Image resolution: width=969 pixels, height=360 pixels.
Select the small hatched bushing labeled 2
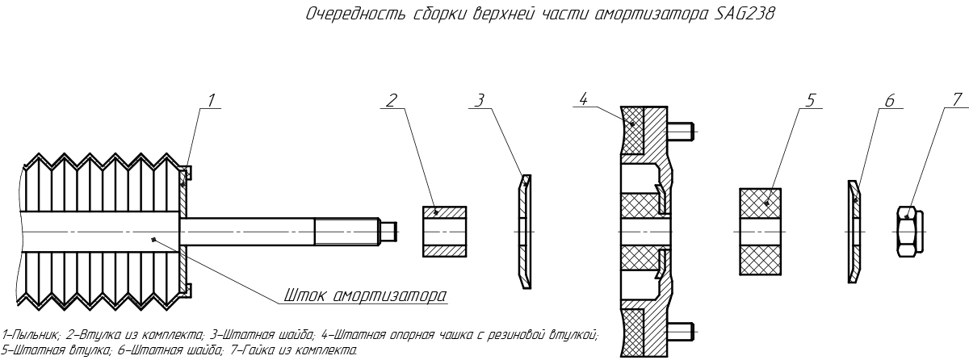click(x=444, y=231)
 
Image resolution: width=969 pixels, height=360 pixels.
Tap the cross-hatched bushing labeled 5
click(x=761, y=231)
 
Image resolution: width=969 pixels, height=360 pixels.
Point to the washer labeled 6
click(x=854, y=231)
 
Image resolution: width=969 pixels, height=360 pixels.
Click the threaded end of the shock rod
click(x=347, y=232)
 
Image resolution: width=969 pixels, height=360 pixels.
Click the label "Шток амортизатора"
click(x=365, y=295)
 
